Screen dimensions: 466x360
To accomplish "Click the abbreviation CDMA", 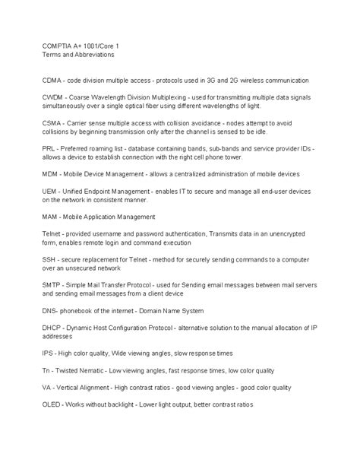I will pos(54,79).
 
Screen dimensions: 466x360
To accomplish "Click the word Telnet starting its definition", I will pos(52,235).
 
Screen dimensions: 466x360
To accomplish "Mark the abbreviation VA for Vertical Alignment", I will pos(47,387).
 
